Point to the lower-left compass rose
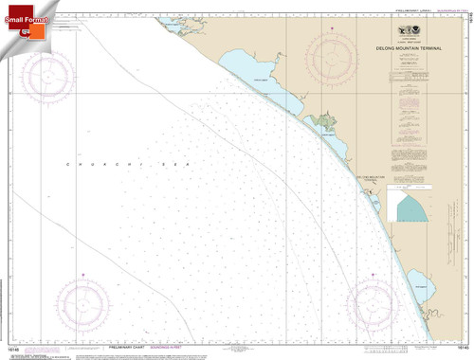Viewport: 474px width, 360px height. (82, 303)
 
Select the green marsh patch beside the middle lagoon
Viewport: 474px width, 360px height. (329, 120)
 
